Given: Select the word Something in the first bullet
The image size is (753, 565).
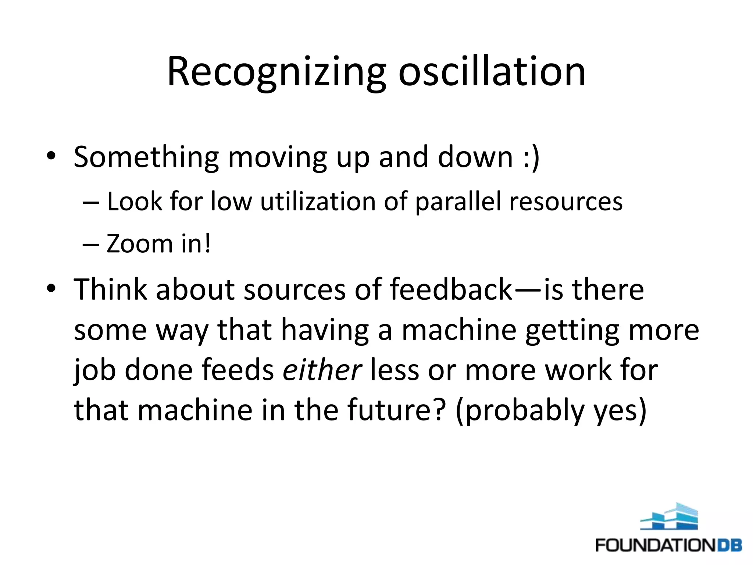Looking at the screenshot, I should [x=146, y=157].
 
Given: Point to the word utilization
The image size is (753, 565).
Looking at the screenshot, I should [x=318, y=202].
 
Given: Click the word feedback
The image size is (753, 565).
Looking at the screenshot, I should [x=451, y=289].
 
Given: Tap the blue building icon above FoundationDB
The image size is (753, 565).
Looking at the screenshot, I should [x=669, y=516].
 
